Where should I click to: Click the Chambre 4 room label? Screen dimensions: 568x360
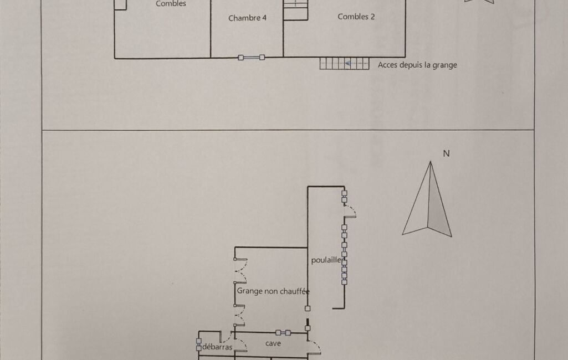247,18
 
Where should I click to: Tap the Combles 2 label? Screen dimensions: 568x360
356,17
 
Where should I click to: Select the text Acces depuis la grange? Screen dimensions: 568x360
417,65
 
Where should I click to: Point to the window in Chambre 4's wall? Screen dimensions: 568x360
251,58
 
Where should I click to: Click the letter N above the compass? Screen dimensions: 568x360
446,153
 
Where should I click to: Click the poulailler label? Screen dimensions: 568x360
326,260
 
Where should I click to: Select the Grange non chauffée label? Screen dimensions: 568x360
273,291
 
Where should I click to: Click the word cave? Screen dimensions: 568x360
273,343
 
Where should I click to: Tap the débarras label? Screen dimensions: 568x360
217,347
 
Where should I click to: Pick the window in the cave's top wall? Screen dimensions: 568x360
283,332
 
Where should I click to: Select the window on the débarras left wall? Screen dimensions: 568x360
198,344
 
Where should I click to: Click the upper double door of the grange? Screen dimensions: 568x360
240,271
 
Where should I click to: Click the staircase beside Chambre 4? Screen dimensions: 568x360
295,10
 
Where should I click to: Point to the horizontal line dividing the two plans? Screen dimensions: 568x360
288,130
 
